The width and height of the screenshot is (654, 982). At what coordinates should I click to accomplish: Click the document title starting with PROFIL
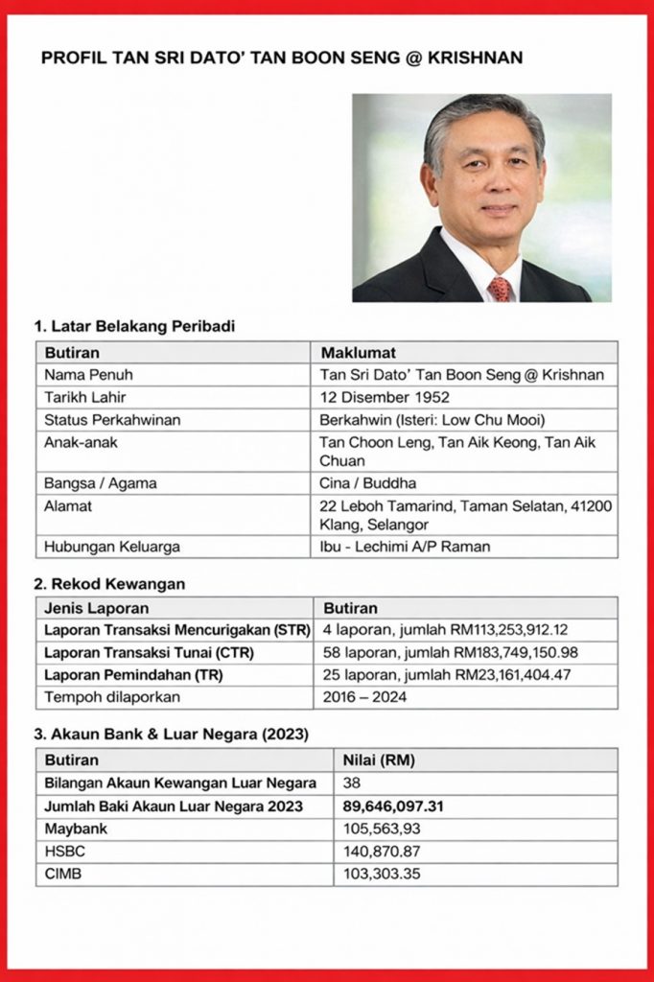(x=282, y=58)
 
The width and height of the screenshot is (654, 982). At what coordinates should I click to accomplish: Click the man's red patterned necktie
(x=500, y=288)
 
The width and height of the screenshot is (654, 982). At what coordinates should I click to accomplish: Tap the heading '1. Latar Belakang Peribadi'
(x=135, y=326)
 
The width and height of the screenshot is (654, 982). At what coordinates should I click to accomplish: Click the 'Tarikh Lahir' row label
(x=85, y=397)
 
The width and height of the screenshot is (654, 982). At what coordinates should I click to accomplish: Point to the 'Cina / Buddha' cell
(x=368, y=483)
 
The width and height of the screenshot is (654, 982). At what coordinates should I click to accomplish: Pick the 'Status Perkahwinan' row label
(x=112, y=419)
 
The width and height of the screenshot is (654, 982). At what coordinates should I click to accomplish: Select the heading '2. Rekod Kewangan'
(x=110, y=583)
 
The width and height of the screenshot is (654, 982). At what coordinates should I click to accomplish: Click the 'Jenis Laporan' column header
(x=97, y=608)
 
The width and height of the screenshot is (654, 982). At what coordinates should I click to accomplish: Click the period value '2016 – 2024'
(x=364, y=696)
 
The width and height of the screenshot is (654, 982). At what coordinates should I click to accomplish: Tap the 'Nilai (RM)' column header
(x=379, y=760)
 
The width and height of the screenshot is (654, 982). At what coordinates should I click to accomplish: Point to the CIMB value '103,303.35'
(x=382, y=874)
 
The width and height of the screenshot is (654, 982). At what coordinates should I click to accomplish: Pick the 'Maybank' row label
(x=76, y=829)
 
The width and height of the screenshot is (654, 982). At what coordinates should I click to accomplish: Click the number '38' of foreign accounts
(x=352, y=783)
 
